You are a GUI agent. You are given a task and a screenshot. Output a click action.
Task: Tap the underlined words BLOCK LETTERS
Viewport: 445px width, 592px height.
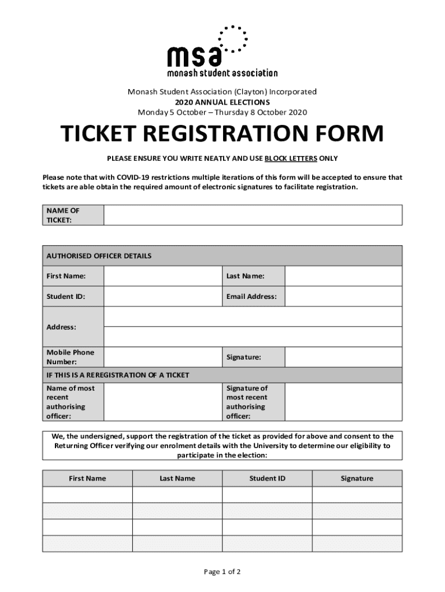pos(290,158)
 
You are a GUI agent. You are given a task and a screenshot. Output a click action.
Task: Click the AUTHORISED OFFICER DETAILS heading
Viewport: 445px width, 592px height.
pos(99,256)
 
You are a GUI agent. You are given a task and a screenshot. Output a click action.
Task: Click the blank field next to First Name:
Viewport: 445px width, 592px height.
pos(163,276)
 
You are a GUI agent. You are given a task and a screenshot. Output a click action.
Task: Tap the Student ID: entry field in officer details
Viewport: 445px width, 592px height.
pos(163,297)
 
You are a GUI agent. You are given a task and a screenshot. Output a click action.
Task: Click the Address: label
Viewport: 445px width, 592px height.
pos(61,327)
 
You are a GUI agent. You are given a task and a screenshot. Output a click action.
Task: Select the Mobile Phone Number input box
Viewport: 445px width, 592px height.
pos(163,357)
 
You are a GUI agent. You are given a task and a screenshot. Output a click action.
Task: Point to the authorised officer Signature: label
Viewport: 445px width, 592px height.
pos(243,357)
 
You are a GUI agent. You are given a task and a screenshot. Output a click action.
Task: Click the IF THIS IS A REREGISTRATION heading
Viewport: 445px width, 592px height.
pos(118,375)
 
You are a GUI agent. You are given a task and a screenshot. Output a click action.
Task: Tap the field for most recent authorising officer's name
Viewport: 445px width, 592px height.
pos(163,402)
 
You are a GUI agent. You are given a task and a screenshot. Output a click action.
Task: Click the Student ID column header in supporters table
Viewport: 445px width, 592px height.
pos(267,478)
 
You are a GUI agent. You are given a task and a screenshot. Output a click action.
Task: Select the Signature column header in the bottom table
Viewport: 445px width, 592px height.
pos(357,478)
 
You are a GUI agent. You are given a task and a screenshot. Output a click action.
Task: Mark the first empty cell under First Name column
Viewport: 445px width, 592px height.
pos(87,495)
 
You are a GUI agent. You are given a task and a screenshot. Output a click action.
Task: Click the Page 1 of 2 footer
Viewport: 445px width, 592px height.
pos(222,572)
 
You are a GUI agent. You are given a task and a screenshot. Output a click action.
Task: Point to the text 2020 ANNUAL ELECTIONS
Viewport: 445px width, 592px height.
pos(222,102)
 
